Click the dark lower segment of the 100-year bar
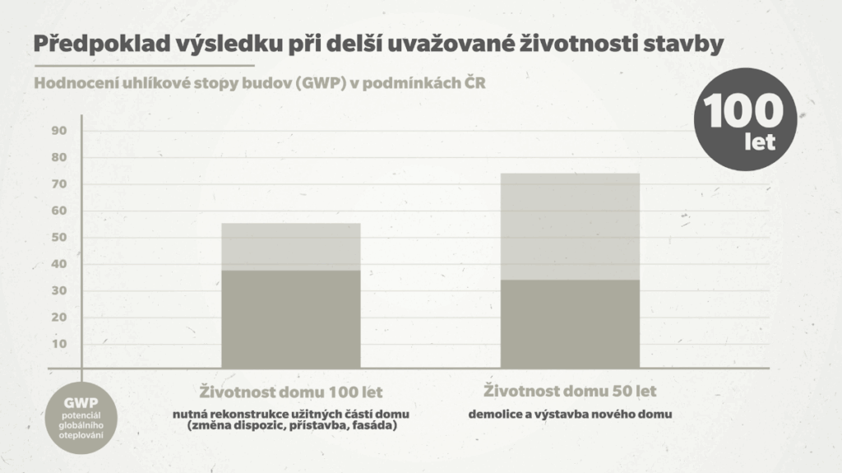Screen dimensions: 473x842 tap(291, 318)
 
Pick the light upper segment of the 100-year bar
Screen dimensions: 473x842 tap(291, 247)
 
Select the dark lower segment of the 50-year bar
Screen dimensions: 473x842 tap(570, 323)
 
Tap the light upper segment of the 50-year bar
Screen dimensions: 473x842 tap(570, 226)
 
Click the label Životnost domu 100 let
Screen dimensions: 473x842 tap(291, 392)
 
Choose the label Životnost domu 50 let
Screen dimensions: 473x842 tap(571, 391)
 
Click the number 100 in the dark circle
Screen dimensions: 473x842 tap(744, 111)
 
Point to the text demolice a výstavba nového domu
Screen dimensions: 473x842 tap(571, 415)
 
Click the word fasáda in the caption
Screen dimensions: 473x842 tap(372, 426)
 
